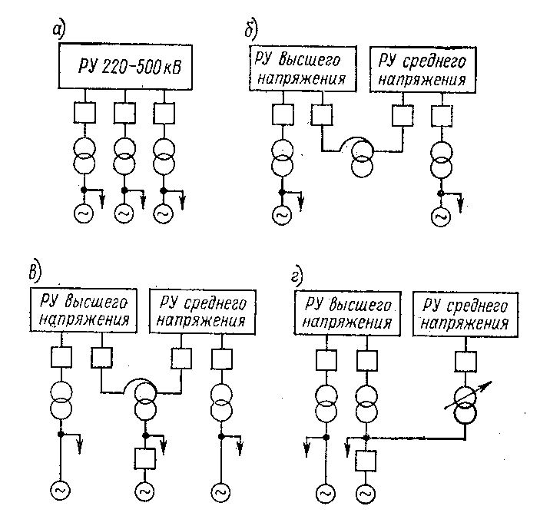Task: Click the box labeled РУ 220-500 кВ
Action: coord(125,67)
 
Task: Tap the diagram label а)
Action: coord(58,30)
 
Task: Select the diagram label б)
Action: coord(251,30)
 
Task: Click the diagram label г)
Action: coord(297,276)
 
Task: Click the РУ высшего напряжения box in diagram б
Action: coord(303,69)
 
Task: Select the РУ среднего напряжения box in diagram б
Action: coord(423,70)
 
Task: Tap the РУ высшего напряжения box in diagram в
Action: coord(83,310)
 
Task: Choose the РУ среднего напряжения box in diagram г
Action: coord(465,315)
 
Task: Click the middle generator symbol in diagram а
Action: coord(124,213)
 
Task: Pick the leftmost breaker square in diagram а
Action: coord(84,113)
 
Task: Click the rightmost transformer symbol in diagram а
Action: coord(164,157)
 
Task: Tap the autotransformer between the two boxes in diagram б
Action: coord(362,159)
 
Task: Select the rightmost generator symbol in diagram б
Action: coord(441,217)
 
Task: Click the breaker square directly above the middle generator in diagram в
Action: coord(145,458)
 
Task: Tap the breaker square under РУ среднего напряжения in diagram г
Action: coord(465,362)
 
